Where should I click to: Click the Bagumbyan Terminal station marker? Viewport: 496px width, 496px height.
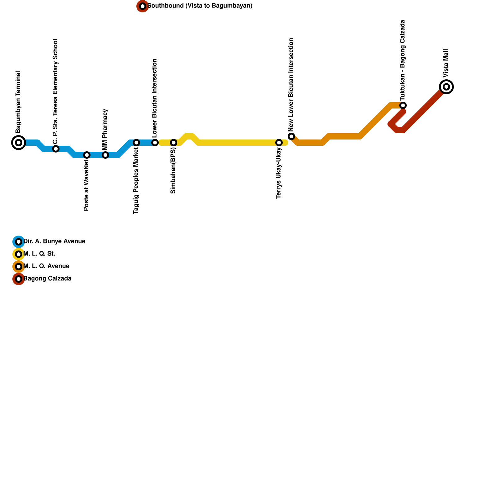(19, 143)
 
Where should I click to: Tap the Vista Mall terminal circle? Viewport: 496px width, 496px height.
(446, 87)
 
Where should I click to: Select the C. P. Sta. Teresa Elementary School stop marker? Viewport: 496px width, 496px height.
(56, 149)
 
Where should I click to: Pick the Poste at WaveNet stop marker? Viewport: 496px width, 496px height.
(87, 155)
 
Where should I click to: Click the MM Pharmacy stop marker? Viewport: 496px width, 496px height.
(105, 155)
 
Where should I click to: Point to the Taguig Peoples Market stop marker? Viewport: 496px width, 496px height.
(136, 143)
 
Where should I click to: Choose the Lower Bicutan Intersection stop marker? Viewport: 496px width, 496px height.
(155, 143)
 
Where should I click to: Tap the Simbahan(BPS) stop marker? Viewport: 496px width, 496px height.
(174, 143)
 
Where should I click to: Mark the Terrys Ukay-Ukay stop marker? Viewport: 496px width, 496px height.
(279, 143)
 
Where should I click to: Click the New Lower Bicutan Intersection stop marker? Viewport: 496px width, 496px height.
(291, 136)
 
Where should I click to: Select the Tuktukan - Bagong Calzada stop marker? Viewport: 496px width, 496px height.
(403, 105)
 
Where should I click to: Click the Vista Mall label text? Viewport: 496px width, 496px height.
(446, 63)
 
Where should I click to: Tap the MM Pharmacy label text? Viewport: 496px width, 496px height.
(105, 123)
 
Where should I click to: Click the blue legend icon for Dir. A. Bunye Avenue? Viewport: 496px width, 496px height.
(19, 242)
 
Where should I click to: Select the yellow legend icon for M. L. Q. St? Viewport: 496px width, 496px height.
(19, 254)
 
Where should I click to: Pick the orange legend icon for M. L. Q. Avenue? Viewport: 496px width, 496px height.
(19, 267)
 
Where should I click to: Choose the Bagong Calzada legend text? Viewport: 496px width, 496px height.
(47, 279)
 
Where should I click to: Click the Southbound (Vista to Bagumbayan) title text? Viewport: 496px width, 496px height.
(200, 6)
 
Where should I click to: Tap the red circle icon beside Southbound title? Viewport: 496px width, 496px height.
(143, 6)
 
